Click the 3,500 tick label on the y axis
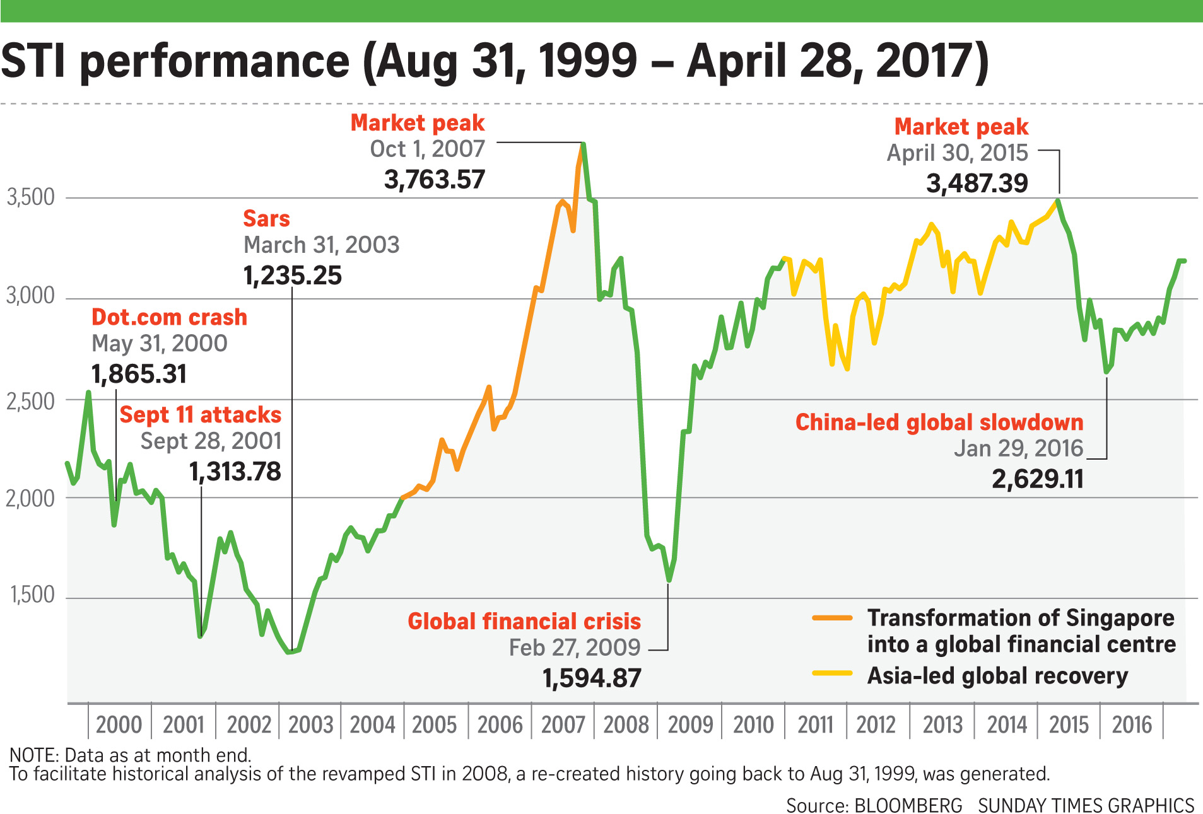30,197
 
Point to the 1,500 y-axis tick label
32,595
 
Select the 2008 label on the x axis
626,725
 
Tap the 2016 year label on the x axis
1132,725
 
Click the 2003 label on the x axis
310,725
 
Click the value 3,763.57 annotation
434,180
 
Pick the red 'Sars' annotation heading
266,219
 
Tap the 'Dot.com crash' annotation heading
169,317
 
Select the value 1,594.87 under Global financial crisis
592,678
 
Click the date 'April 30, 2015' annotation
957,153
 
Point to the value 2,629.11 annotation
1037,479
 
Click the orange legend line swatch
832,618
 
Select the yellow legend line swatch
832,673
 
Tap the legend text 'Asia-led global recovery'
997,676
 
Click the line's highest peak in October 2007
584,144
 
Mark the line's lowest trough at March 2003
290,652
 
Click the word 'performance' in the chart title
214,61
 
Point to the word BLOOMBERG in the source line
908,805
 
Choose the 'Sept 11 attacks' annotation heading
200,415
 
